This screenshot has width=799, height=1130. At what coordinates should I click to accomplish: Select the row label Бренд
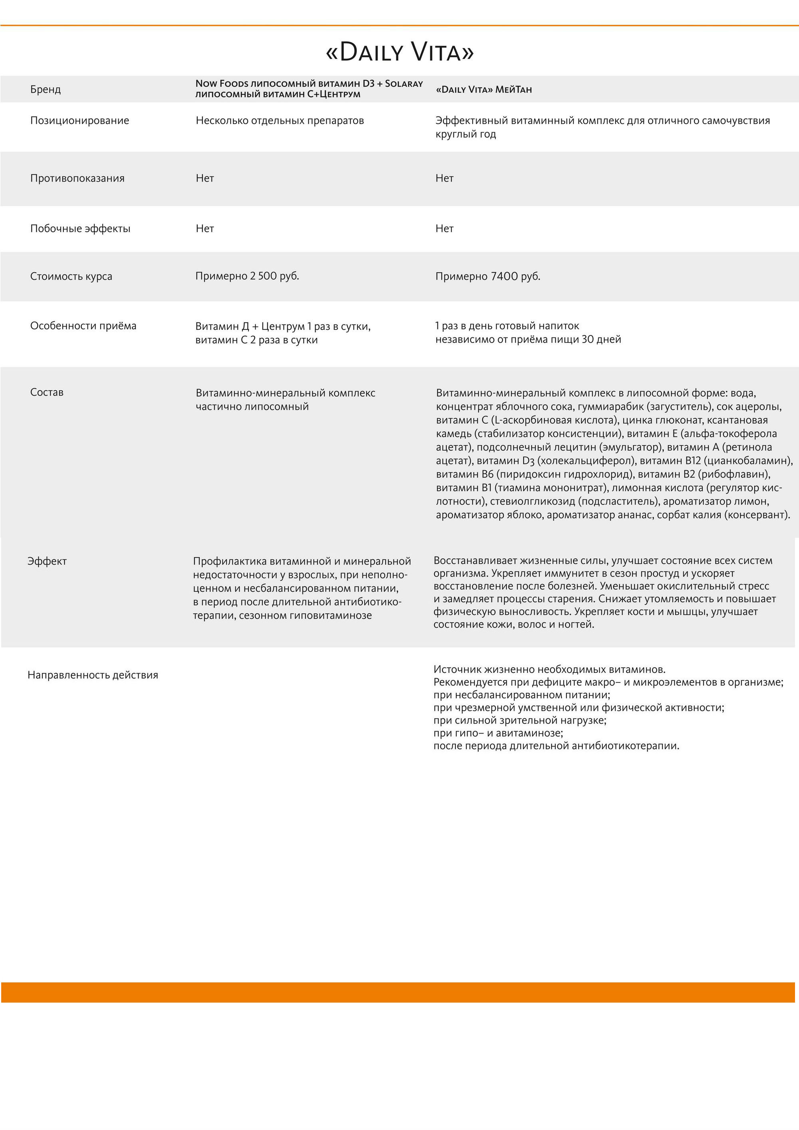tap(45, 89)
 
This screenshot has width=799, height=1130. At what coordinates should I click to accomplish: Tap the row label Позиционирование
tap(79, 121)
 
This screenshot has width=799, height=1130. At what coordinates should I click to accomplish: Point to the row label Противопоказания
tap(77, 178)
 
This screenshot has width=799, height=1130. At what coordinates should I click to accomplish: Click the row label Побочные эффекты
tap(80, 228)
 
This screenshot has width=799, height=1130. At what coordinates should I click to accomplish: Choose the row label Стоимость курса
tap(71, 276)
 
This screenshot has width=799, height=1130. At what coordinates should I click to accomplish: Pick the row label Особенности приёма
tap(83, 326)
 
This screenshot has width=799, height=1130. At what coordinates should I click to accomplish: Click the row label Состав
tap(47, 392)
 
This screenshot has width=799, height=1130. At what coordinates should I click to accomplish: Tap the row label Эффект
tap(47, 561)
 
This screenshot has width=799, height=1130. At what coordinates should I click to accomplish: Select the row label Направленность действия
tap(93, 675)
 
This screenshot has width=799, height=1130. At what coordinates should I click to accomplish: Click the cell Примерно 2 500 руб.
tap(247, 276)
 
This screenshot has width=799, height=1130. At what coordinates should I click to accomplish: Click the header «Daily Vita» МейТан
tap(483, 89)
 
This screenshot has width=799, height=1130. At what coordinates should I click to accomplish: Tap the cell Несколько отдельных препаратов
tap(280, 121)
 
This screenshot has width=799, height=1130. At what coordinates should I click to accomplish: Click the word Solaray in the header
tap(403, 84)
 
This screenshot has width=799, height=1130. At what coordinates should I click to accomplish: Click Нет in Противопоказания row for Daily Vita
tap(444, 178)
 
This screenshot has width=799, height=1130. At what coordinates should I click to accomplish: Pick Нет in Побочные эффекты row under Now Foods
tap(205, 228)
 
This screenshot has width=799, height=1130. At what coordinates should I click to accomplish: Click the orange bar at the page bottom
tap(398, 992)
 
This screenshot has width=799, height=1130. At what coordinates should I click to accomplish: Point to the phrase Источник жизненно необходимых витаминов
tap(549, 669)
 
